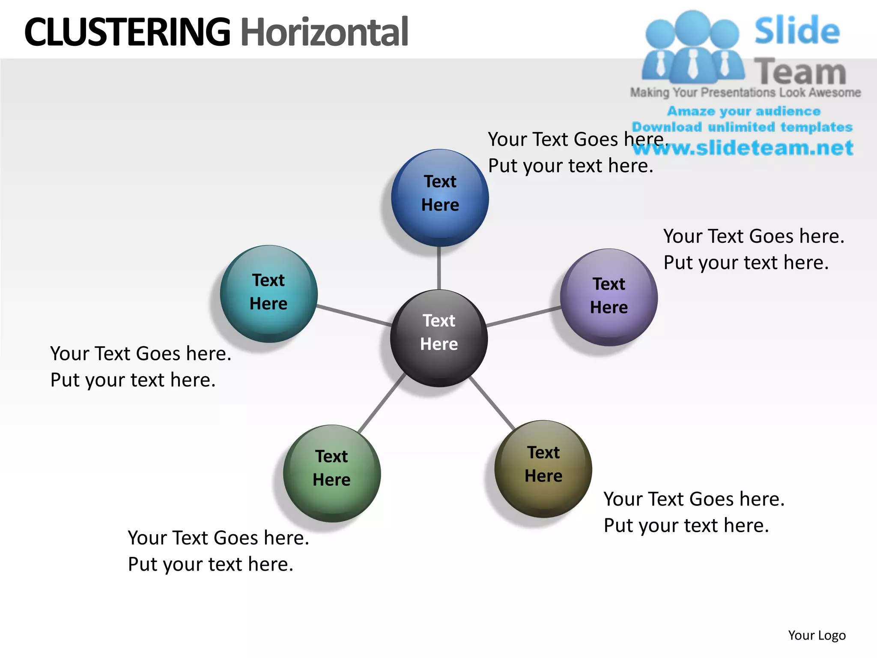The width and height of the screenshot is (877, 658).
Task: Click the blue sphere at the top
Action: [x=440, y=197]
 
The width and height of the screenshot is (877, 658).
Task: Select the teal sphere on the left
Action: [x=268, y=293]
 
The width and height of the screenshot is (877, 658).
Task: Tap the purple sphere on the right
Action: [x=609, y=297]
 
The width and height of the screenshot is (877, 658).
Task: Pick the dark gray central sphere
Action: [x=439, y=338]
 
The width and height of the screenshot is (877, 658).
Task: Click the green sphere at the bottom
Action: [x=331, y=473]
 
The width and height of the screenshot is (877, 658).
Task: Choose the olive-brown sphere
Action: [x=543, y=469]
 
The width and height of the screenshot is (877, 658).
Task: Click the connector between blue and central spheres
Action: [x=439, y=268]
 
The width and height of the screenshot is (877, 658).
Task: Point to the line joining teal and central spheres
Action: [x=354, y=315]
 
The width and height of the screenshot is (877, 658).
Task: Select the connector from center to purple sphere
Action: [x=524, y=317]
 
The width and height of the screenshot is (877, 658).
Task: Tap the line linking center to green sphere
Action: [x=382, y=403]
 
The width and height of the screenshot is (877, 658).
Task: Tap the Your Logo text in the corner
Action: [x=817, y=635]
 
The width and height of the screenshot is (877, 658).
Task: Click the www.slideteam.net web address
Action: [x=743, y=148]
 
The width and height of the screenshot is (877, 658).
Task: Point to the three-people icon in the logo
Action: [x=693, y=47]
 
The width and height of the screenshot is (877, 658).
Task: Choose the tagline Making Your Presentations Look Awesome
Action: [x=745, y=93]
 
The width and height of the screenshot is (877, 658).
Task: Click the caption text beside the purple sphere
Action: [x=754, y=249]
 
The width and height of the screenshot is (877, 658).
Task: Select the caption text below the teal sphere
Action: [x=140, y=367]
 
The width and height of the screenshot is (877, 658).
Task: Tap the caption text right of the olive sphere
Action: [x=694, y=512]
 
